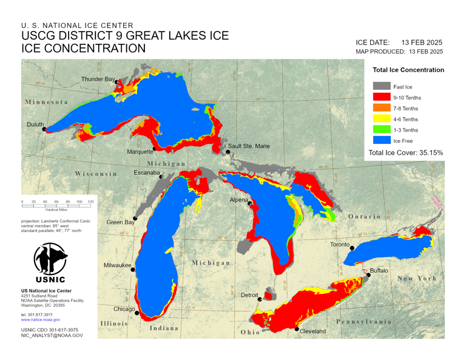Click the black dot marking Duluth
(44, 129)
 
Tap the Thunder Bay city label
(98, 80)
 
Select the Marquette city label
(139, 152)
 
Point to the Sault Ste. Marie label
(249, 146)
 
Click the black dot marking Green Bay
(135, 219)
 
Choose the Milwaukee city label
(117, 265)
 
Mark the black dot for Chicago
(137, 313)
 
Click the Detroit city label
(249, 295)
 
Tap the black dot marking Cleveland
(297, 329)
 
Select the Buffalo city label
(379, 270)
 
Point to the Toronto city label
(339, 245)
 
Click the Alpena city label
(238, 200)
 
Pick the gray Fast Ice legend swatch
(381, 87)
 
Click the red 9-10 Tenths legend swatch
(381, 98)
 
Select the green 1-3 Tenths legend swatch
(381, 131)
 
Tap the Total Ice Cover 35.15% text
(405, 152)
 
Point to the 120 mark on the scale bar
(90, 202)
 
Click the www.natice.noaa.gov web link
(40, 319)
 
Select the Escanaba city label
(146, 173)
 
